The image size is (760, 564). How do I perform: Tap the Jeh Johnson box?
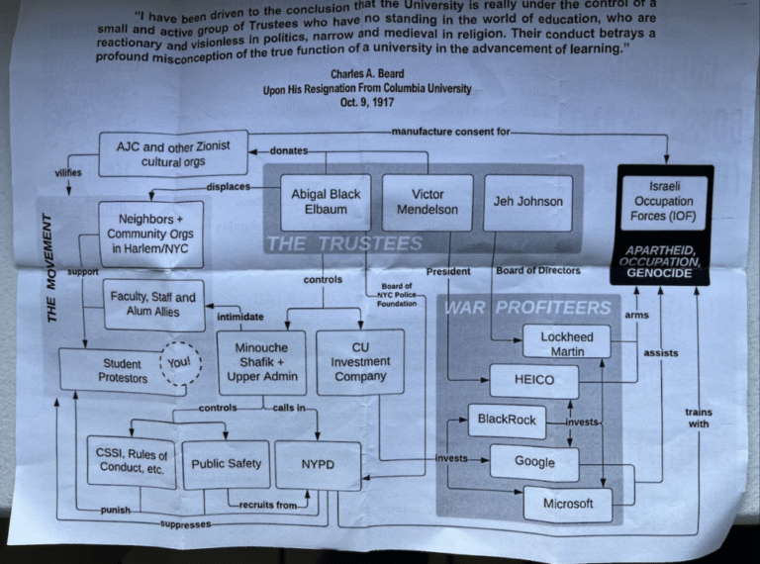point(527,202)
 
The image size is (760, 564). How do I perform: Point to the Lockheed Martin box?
point(567,342)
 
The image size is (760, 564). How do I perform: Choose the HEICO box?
point(535,380)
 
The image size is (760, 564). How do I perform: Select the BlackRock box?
point(507,420)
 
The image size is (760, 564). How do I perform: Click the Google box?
point(534,461)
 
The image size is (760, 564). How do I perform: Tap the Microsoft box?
point(568,504)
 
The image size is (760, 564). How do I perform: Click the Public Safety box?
point(227,462)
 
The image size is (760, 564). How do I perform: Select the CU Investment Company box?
point(360,361)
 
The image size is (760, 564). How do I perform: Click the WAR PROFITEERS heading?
point(527,307)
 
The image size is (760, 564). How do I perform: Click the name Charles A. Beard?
point(366,74)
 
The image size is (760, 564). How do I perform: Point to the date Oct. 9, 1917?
point(364,102)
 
